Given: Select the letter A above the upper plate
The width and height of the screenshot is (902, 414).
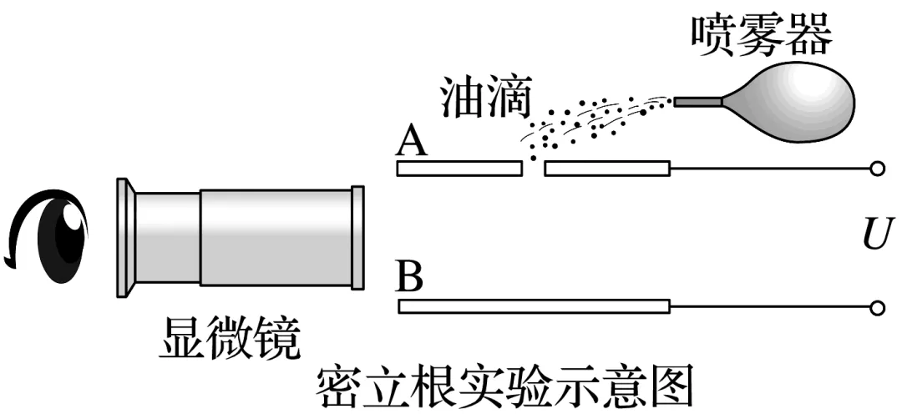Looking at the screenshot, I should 413,143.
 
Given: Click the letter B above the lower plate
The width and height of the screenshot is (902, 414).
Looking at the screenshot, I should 410,278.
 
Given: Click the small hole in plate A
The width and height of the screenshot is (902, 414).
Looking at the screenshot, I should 532,169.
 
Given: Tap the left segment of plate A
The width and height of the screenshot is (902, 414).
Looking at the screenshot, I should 459,169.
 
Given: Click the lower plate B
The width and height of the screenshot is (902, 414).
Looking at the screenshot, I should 535,307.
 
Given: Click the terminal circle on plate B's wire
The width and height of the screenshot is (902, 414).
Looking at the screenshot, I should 877,308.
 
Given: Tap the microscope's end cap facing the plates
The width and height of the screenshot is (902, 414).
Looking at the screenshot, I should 358,238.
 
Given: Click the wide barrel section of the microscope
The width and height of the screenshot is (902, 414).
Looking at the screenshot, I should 276,238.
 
